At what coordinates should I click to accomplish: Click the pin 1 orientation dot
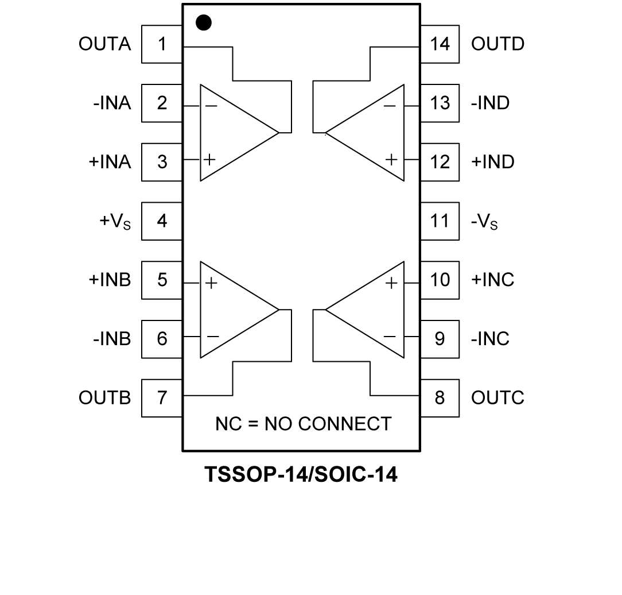point(204,23)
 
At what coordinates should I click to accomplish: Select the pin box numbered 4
point(162,221)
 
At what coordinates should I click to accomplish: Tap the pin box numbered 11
point(440,221)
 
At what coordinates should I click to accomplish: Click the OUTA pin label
point(105,44)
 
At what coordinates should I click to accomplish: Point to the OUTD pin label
point(497,44)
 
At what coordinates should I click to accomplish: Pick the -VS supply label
point(484,222)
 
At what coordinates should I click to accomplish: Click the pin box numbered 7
point(162,397)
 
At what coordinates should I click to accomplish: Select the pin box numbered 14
point(440,44)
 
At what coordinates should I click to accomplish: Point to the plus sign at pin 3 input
point(210,159)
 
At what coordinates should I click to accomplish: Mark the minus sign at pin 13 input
point(390,106)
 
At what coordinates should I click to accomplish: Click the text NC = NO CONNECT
point(303,424)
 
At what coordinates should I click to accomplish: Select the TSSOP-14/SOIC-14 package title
point(301,475)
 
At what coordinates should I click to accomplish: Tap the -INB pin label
point(112,339)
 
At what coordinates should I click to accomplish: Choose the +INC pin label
point(492,280)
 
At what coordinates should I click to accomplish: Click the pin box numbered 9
point(440,339)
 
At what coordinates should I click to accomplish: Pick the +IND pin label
point(492,162)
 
